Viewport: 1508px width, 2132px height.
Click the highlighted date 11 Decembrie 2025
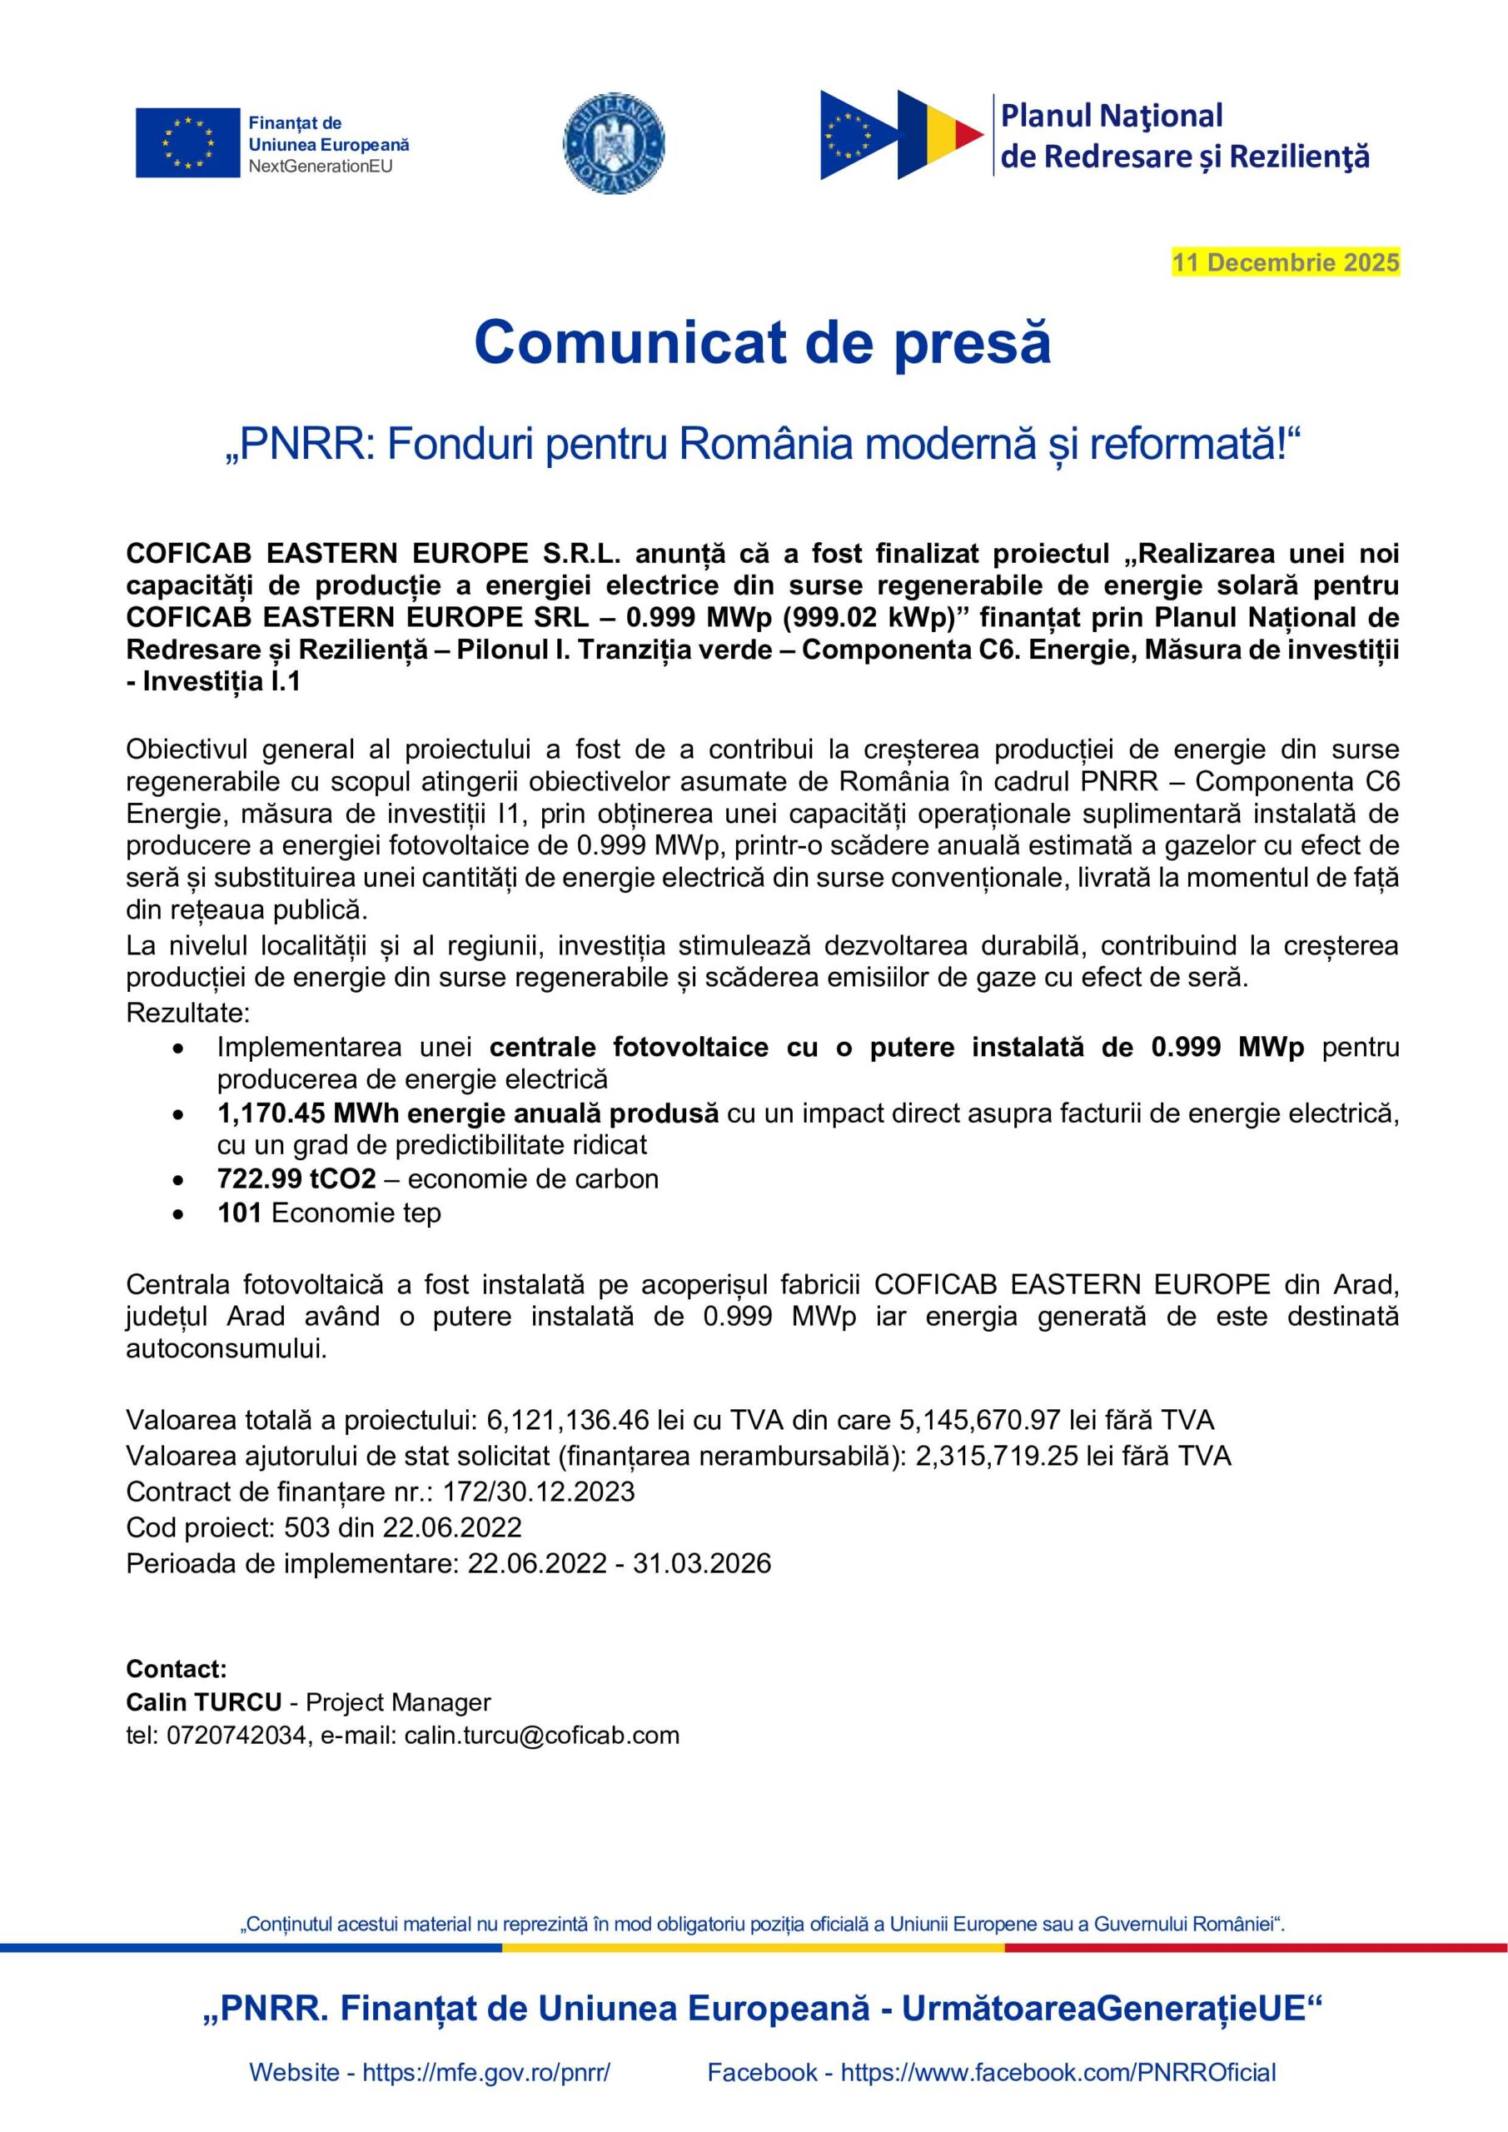coord(1285,263)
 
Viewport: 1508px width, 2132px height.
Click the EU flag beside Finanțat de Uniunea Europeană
coord(187,142)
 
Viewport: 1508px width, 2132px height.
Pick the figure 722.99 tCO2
coord(296,1178)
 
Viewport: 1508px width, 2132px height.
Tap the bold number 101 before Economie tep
coord(239,1213)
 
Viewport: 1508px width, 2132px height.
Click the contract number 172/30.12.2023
coord(539,1492)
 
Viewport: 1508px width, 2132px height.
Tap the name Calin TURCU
coord(203,1702)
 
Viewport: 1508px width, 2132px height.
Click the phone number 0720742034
coord(237,1735)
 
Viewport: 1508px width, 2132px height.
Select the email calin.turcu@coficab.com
coord(541,1735)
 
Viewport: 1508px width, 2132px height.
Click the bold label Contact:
coord(177,1669)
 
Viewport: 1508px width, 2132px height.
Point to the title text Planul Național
coord(1112,116)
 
